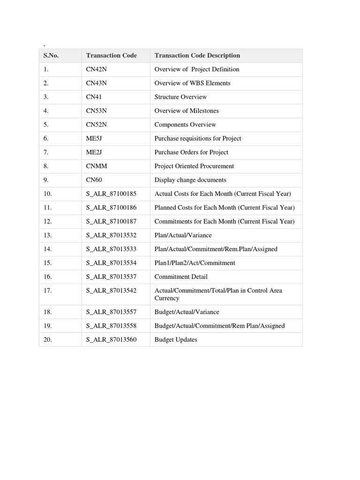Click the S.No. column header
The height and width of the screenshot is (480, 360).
coord(51,55)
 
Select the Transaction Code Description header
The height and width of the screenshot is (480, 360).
coord(197,55)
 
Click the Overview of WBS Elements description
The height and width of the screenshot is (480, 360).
coord(192,83)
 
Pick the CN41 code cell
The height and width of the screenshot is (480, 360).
coord(94,97)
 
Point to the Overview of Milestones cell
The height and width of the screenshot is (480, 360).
coord(187,111)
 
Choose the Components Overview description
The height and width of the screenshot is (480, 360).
coord(185,125)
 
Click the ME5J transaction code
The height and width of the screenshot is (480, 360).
coord(95,138)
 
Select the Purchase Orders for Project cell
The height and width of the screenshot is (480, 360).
coord(191,152)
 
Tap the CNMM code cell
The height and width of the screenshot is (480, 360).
coord(96,166)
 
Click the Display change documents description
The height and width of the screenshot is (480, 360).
coord(190,180)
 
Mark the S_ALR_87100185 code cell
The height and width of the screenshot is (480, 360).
coord(111,194)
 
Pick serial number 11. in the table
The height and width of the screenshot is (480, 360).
coord(47,208)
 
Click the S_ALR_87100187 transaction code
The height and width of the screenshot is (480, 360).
coord(111,221)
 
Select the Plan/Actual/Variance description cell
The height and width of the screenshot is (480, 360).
coord(183,235)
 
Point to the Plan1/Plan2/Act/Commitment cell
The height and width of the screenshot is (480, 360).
coord(195,263)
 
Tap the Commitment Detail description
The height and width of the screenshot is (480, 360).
coord(181,277)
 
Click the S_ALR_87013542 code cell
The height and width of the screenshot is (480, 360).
coord(111,291)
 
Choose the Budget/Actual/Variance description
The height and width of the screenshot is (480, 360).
coord(187,312)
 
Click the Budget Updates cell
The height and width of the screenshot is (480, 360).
coord(176,339)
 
